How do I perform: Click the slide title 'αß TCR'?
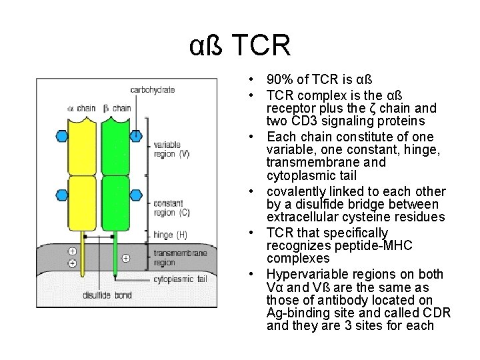point(240,46)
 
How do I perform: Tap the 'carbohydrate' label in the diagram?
point(152,89)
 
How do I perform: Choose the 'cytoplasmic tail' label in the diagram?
point(180,279)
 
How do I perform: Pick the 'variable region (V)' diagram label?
point(171,149)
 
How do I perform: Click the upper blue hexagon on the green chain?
point(135,135)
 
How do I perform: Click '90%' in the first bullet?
point(279,80)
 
